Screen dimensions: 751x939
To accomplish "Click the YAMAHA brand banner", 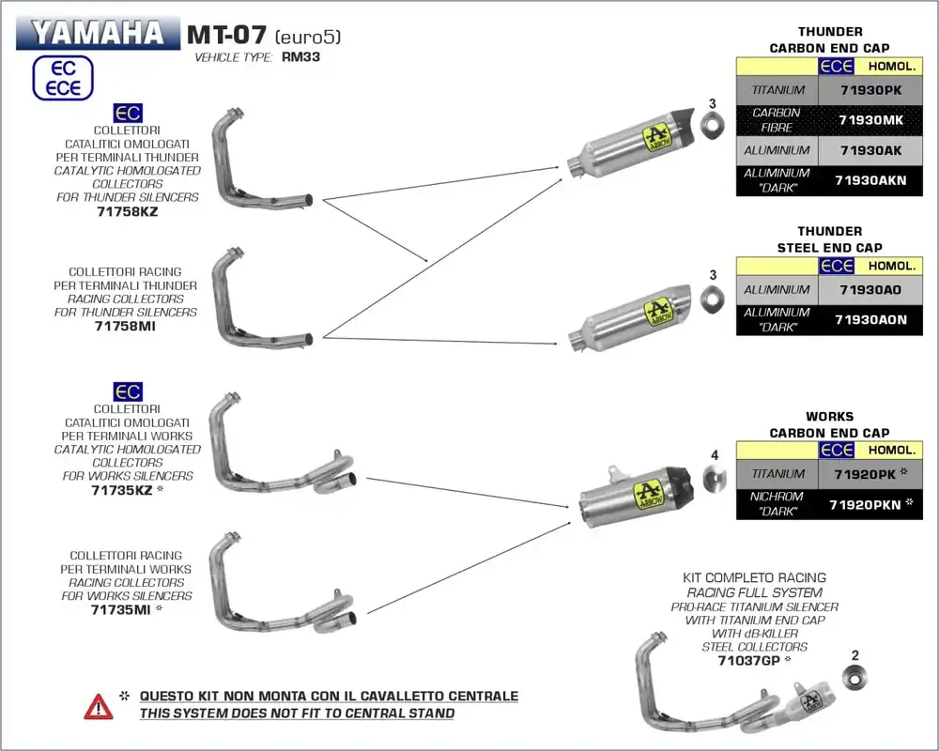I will point(96,33).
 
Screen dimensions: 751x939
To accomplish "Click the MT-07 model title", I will point(225,35).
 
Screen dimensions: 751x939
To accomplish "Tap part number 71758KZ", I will point(127,211).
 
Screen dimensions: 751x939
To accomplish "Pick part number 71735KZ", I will point(121,490).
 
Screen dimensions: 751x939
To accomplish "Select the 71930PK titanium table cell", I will point(870,90).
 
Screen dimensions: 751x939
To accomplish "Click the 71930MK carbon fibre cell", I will point(870,120).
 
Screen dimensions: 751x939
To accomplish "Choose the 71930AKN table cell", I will point(870,180).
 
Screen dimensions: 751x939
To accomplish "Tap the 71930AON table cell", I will point(870,319).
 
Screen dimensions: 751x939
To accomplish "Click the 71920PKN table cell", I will point(864,504).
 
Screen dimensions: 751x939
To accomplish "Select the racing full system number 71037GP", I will point(748,660).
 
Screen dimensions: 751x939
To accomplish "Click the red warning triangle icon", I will point(98,706).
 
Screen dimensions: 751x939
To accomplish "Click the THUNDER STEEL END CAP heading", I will point(829,239).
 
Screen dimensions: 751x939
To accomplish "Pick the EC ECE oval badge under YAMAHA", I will point(63,78).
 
